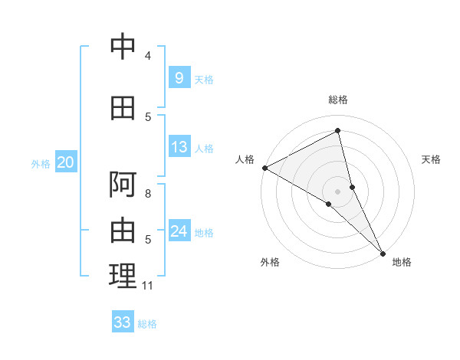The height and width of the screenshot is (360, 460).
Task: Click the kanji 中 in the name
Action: (123, 47)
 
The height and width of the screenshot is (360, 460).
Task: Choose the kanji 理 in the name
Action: (123, 277)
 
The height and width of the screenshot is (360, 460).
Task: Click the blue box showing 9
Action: (179, 78)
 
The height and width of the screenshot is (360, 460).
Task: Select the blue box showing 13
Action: (179, 147)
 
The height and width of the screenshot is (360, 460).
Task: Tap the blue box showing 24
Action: (179, 231)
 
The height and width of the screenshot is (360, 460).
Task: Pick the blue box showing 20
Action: (66, 162)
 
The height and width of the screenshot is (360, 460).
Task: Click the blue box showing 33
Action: (123, 322)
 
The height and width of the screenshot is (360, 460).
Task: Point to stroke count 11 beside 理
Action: (148, 286)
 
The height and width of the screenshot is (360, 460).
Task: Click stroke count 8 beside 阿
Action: (148, 194)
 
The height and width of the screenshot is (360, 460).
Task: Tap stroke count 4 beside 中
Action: (148, 56)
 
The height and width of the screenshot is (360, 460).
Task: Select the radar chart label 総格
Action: (337, 100)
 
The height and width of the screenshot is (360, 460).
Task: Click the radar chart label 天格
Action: (432, 159)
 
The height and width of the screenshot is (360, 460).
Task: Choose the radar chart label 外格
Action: (270, 262)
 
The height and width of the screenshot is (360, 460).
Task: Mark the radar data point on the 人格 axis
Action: (264, 168)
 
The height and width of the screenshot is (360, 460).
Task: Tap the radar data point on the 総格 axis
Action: (337, 130)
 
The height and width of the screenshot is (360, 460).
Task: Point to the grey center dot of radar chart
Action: (337, 191)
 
